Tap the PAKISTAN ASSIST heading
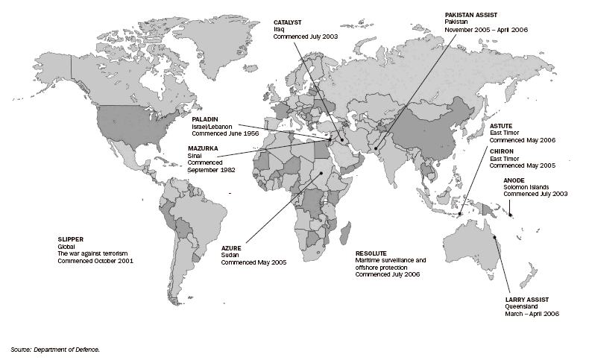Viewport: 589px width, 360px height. point(472,14)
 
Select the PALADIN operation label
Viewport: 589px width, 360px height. point(204,119)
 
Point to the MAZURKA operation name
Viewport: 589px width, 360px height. point(203,148)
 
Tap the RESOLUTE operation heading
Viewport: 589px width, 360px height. point(371,253)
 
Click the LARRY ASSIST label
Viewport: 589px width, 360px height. point(526,299)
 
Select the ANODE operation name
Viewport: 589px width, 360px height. point(514,179)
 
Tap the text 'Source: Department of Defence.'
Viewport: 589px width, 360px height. point(55,348)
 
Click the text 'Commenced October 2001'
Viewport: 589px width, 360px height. point(95,262)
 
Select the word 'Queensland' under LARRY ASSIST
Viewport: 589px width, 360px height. point(523,306)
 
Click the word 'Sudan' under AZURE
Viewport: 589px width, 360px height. point(229,255)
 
